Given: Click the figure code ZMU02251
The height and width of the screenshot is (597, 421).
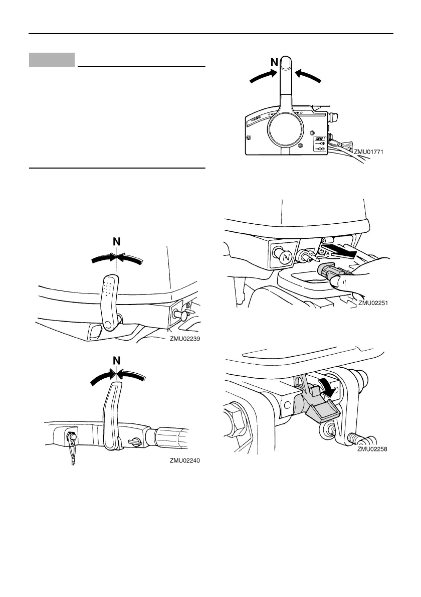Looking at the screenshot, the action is pyautogui.click(x=373, y=303).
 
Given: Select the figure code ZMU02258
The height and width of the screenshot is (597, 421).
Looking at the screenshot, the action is pyautogui.click(x=373, y=450).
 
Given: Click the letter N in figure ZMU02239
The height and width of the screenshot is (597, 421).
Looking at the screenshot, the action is pyautogui.click(x=116, y=242).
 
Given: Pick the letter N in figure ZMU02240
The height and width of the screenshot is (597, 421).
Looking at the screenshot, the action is pyautogui.click(x=116, y=361).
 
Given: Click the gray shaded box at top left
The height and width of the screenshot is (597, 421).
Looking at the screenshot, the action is pyautogui.click(x=52, y=60).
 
